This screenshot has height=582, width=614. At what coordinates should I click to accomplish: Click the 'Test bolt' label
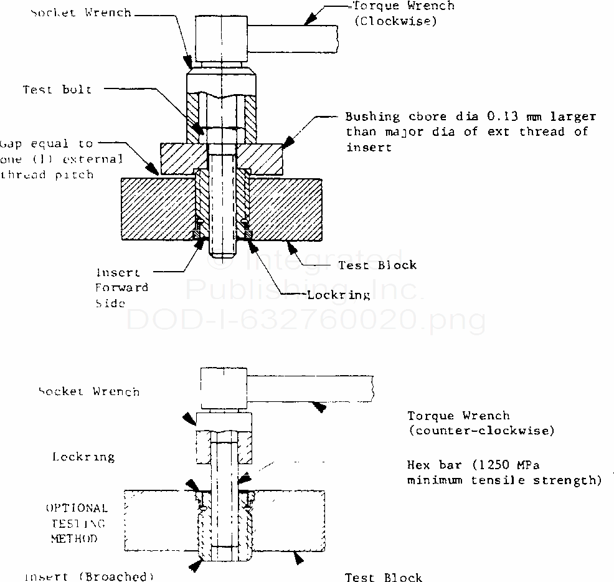pyautogui.click(x=57, y=89)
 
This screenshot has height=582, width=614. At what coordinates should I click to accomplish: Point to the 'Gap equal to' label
pyautogui.click(x=47, y=144)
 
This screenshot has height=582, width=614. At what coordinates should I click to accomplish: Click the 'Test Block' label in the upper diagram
pyautogui.click(x=377, y=265)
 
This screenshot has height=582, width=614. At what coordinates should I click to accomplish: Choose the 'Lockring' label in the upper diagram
pyautogui.click(x=339, y=295)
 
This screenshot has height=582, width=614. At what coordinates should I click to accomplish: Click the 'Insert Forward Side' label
pyautogui.click(x=121, y=288)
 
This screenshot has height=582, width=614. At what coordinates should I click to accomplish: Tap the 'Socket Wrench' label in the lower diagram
pyautogui.click(x=89, y=391)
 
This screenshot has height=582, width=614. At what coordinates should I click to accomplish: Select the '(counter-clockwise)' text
pyautogui.click(x=481, y=431)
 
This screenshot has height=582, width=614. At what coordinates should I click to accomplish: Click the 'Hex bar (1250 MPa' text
pyautogui.click(x=476, y=465)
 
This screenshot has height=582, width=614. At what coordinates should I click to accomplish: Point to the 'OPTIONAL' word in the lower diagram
pyautogui.click(x=77, y=508)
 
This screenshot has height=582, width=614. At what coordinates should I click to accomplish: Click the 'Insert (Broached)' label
pyautogui.click(x=88, y=576)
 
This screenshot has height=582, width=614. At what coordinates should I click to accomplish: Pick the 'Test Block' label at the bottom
pyautogui.click(x=384, y=578)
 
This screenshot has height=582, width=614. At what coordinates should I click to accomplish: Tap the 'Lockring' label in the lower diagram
pyautogui.click(x=83, y=457)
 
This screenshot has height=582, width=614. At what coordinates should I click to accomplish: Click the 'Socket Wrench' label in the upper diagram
pyautogui.click(x=81, y=12)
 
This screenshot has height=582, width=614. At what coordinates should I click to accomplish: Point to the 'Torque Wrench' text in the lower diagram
pyautogui.click(x=458, y=416)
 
